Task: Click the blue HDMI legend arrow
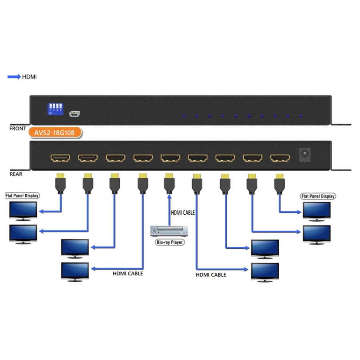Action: [14, 77]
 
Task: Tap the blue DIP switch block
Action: [55, 108]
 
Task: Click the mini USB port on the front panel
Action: [74, 114]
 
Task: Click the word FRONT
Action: [18, 129]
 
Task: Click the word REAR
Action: [16, 174]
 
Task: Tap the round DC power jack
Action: [305, 154]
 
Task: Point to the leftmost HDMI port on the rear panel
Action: [60, 158]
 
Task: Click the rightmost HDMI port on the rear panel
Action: [280, 158]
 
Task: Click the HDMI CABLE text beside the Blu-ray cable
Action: [183, 213]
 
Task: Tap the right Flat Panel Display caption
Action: [318, 196]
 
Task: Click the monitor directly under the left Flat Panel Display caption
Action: [23, 211]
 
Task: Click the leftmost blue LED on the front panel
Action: [184, 116]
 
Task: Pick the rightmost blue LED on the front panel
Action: [301, 116]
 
